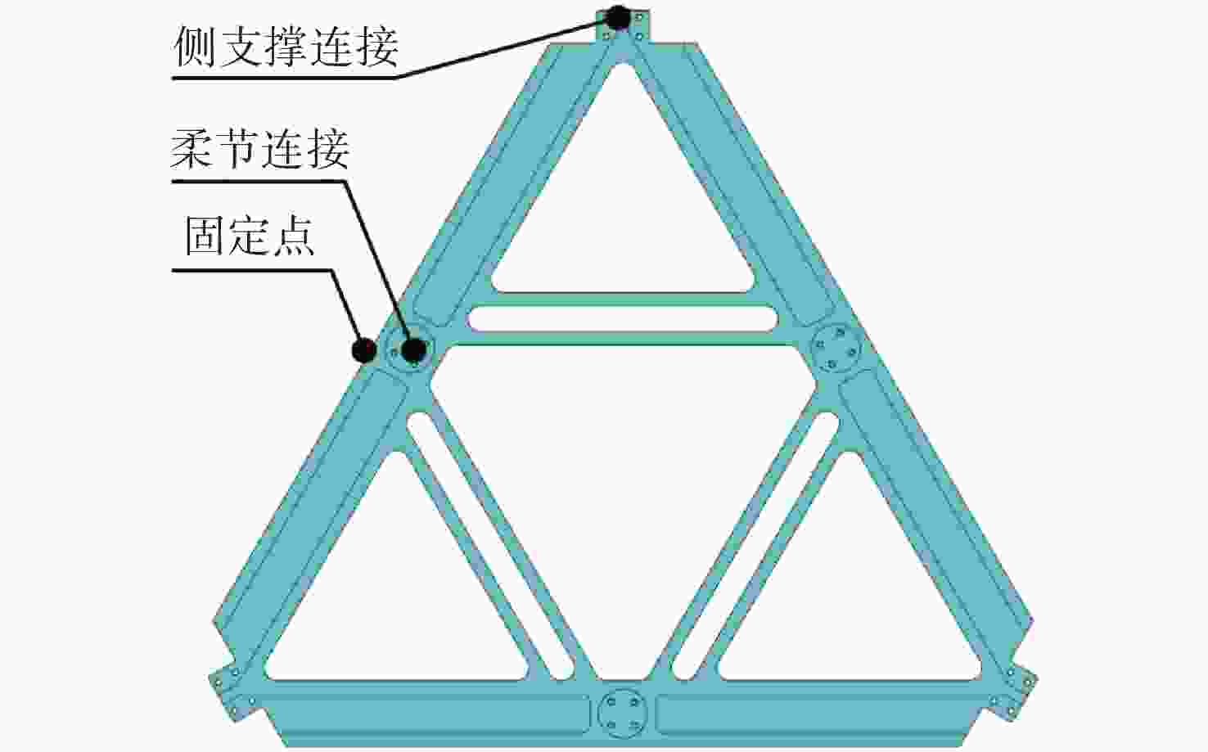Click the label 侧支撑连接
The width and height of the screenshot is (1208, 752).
(286, 47)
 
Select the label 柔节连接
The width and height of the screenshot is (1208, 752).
(260, 149)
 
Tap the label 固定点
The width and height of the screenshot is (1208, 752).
(250, 236)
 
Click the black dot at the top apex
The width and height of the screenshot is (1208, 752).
(619, 16)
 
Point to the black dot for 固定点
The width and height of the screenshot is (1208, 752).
(364, 350)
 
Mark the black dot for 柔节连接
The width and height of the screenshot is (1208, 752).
(414, 350)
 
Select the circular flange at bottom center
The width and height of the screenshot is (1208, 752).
(622, 713)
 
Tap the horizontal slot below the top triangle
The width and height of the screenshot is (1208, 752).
(622, 318)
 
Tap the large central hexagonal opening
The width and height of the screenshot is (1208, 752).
(622, 512)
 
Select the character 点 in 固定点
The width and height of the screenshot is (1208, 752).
(294, 236)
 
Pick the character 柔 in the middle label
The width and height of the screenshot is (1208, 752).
(192, 149)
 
